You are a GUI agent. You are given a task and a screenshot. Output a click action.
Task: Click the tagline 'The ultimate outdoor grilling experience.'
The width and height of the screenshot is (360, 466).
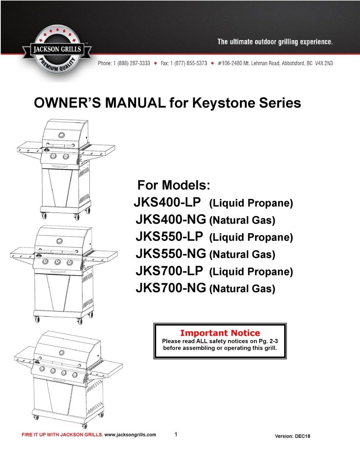[x=275, y=42]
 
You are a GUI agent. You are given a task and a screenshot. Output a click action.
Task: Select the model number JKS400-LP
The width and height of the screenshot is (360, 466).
[x=169, y=202]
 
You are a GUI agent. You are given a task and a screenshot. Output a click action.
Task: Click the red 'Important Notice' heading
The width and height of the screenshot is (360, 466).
[x=220, y=333]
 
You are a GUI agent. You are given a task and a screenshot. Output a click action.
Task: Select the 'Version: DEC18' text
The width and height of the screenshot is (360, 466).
[x=292, y=436]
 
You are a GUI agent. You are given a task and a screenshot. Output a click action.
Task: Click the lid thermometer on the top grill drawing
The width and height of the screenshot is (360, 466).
[x=61, y=135]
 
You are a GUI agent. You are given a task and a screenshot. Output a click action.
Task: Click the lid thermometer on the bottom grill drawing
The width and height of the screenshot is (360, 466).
[x=61, y=352]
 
